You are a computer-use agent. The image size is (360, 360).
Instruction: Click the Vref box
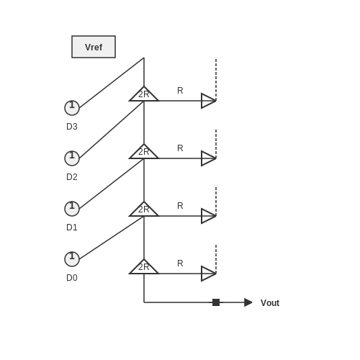[94, 47]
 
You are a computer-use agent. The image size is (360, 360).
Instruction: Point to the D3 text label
[72, 127]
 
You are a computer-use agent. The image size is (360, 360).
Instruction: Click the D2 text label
[72, 177]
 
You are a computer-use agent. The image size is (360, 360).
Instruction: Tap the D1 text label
[72, 228]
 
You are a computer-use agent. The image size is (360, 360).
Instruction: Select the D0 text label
[72, 278]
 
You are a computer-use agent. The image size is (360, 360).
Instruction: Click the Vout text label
[270, 303]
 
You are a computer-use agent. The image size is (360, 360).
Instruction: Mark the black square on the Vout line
[216, 302]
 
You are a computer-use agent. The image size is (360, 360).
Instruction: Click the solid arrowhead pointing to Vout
[248, 302]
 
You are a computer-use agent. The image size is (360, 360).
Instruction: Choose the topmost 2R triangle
[144, 96]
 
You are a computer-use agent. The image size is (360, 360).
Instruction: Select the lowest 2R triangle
[144, 269]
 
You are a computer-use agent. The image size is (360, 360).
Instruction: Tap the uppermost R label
[180, 91]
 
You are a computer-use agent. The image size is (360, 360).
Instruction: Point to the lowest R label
[180, 264]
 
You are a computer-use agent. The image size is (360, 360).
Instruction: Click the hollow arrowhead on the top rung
[208, 101]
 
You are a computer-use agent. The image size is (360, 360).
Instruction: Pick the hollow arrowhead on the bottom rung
[208, 274]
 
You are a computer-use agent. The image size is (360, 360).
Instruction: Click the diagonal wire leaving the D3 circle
[112, 83]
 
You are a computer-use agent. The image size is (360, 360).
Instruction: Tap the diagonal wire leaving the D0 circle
[112, 238]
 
